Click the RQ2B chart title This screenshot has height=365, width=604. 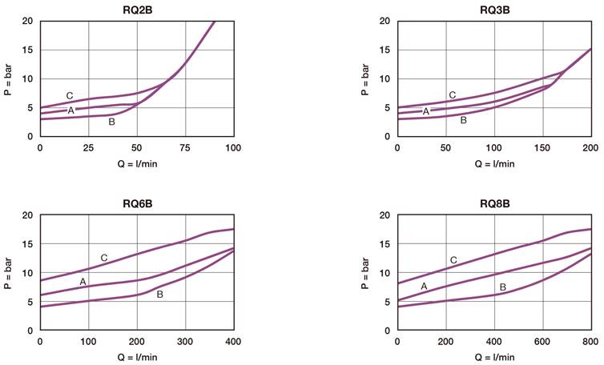(137, 9)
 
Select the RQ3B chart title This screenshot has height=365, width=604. (494, 9)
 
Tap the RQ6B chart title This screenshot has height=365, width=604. (137, 203)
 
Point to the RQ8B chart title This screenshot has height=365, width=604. (494, 203)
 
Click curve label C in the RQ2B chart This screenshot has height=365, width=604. (70, 96)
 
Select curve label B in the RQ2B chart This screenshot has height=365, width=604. (111, 122)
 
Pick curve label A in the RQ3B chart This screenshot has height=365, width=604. (426, 111)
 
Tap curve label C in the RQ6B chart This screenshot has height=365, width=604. (104, 258)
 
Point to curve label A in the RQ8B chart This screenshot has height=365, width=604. (424, 286)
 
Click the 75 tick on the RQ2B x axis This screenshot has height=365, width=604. (185, 148)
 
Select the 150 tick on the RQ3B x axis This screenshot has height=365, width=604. (542, 148)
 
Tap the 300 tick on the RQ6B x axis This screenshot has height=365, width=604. (185, 343)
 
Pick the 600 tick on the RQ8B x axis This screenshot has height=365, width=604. (542, 343)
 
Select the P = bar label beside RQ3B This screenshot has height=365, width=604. (364, 78)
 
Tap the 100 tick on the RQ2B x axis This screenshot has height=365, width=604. (233, 148)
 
